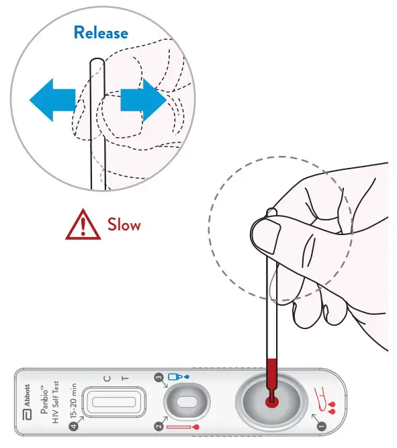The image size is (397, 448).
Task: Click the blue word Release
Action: [x=101, y=32]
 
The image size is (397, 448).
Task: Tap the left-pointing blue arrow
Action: [x=52, y=100]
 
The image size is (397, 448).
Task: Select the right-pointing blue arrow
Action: [x=144, y=100]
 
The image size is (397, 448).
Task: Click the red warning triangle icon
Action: [x=83, y=224]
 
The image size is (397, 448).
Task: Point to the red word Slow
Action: [x=124, y=224]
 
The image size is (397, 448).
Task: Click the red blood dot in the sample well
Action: [x=271, y=402]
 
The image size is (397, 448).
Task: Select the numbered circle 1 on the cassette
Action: [x=322, y=427]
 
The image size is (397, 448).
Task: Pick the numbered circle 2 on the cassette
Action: [x=159, y=427]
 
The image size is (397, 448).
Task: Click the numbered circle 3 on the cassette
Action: [x=159, y=377]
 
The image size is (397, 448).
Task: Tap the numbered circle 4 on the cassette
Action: [x=74, y=427]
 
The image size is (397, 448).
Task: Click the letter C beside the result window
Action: [x=107, y=379]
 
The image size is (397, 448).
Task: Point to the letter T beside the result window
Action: [x=125, y=379]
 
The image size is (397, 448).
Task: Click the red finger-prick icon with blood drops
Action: [x=324, y=400]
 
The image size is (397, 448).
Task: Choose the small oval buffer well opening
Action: [x=187, y=402]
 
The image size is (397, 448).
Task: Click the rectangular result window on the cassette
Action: [x=114, y=402]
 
